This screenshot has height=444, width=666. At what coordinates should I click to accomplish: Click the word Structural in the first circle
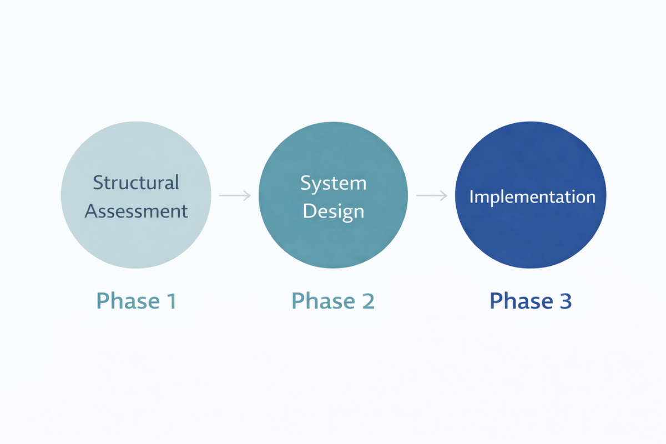[x=136, y=183]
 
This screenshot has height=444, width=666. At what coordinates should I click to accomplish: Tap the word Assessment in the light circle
[x=137, y=211]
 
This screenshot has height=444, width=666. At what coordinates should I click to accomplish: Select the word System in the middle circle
[x=333, y=184]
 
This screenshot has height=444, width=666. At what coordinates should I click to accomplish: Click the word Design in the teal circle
[x=333, y=211]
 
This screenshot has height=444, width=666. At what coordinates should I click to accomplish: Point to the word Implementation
[x=532, y=197]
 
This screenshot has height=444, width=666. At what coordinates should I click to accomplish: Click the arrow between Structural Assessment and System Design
[x=235, y=195]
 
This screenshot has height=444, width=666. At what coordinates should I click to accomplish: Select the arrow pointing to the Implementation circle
[x=431, y=195]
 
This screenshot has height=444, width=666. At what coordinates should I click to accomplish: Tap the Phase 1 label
[x=136, y=301]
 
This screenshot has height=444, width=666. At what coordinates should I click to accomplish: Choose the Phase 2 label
[x=333, y=301]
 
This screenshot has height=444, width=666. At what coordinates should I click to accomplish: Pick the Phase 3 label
[x=531, y=301]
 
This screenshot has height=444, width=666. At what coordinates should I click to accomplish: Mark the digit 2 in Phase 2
[x=367, y=301]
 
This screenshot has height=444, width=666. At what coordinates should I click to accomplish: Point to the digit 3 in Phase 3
[x=564, y=301]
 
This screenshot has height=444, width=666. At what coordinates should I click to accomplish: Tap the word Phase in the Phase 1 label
[x=125, y=301]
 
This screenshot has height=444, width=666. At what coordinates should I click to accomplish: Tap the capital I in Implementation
[x=471, y=196]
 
